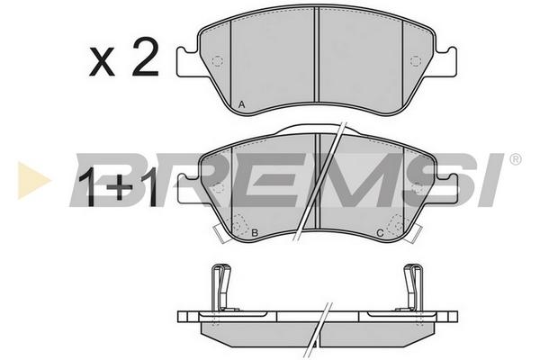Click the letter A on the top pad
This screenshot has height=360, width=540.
pos(242,104)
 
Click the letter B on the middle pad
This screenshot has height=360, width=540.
pos(255,233)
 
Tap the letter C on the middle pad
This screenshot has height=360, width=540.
pos(380,233)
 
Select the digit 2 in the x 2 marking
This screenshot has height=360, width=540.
pos(145,57)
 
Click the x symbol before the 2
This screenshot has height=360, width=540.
pos(102,62)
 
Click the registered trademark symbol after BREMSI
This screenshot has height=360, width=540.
pos(516,159)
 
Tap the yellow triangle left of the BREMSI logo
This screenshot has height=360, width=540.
pos(33,180)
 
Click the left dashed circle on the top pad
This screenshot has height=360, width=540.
pos(218,61)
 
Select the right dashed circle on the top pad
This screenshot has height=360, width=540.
pos(416,61)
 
